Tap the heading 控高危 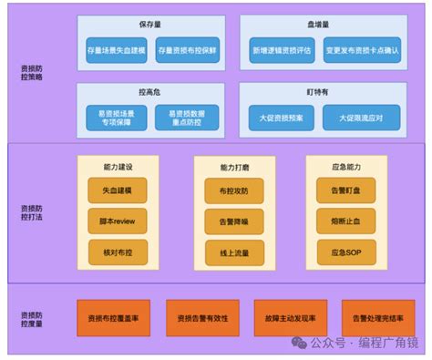[151, 92]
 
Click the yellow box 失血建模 [118, 190]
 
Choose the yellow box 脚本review [118, 221]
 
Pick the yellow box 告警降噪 [221, 221]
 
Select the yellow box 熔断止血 [333, 221]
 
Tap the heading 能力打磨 [221, 167]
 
